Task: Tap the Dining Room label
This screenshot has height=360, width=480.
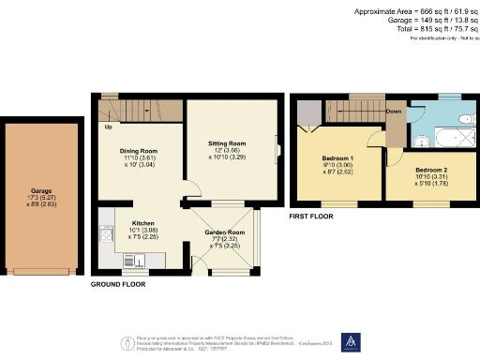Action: (x=138, y=150)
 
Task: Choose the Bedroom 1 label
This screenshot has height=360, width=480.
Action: (x=334, y=158)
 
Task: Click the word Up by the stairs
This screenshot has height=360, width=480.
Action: (x=108, y=127)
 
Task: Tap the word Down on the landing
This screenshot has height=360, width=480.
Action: (x=395, y=111)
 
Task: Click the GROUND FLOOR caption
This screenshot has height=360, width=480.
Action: (x=118, y=282)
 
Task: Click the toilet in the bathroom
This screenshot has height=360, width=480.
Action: (x=466, y=120)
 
